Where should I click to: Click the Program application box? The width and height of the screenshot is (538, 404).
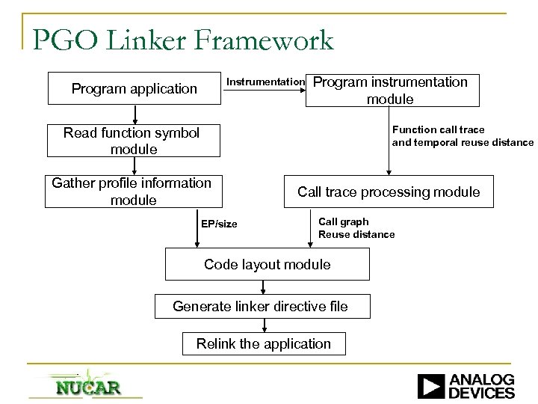pyautogui.click(x=134, y=89)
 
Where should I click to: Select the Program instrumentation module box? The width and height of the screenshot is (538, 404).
pyautogui.click(x=392, y=91)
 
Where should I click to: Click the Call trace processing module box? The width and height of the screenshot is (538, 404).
pyautogui.click(x=389, y=192)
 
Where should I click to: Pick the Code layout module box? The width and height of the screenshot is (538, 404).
pyautogui.click(x=267, y=264)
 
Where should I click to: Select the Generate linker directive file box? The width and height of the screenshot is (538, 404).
pyautogui.click(x=261, y=306)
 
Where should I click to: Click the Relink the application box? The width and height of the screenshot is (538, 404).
pyautogui.click(x=263, y=343)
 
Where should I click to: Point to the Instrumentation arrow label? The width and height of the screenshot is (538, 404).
pyautogui.click(x=265, y=81)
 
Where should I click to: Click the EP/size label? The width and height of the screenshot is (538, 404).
pyautogui.click(x=219, y=224)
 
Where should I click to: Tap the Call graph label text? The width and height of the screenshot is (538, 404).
pyautogui.click(x=343, y=221)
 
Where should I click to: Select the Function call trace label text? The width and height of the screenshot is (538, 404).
pyautogui.click(x=439, y=129)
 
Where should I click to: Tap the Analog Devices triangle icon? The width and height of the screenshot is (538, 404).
pyautogui.click(x=431, y=385)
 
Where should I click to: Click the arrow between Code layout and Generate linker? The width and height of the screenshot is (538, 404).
pyautogui.click(x=267, y=287)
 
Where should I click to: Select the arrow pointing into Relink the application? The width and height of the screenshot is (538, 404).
pyautogui.click(x=265, y=325)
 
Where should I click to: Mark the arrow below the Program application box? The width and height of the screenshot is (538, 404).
pyautogui.click(x=135, y=114)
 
